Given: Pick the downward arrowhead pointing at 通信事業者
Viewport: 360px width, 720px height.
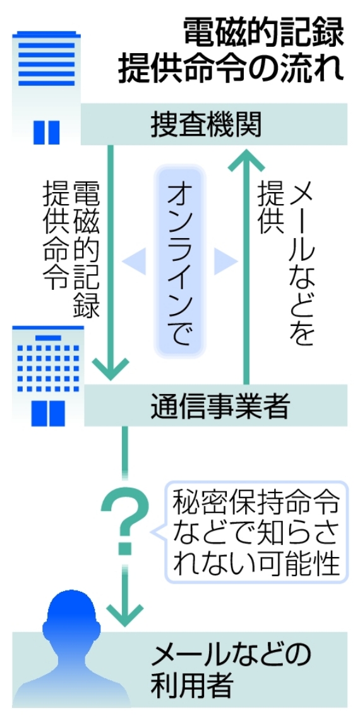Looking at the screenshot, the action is pos(110,368).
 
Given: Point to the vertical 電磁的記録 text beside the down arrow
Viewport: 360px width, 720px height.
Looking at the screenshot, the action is pos(87,249).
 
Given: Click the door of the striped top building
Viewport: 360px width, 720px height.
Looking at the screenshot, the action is pos(47,132).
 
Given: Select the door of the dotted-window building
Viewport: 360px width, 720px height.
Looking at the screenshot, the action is pos(48,413).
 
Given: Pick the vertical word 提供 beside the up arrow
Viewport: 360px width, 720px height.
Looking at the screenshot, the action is pos(270,207).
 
